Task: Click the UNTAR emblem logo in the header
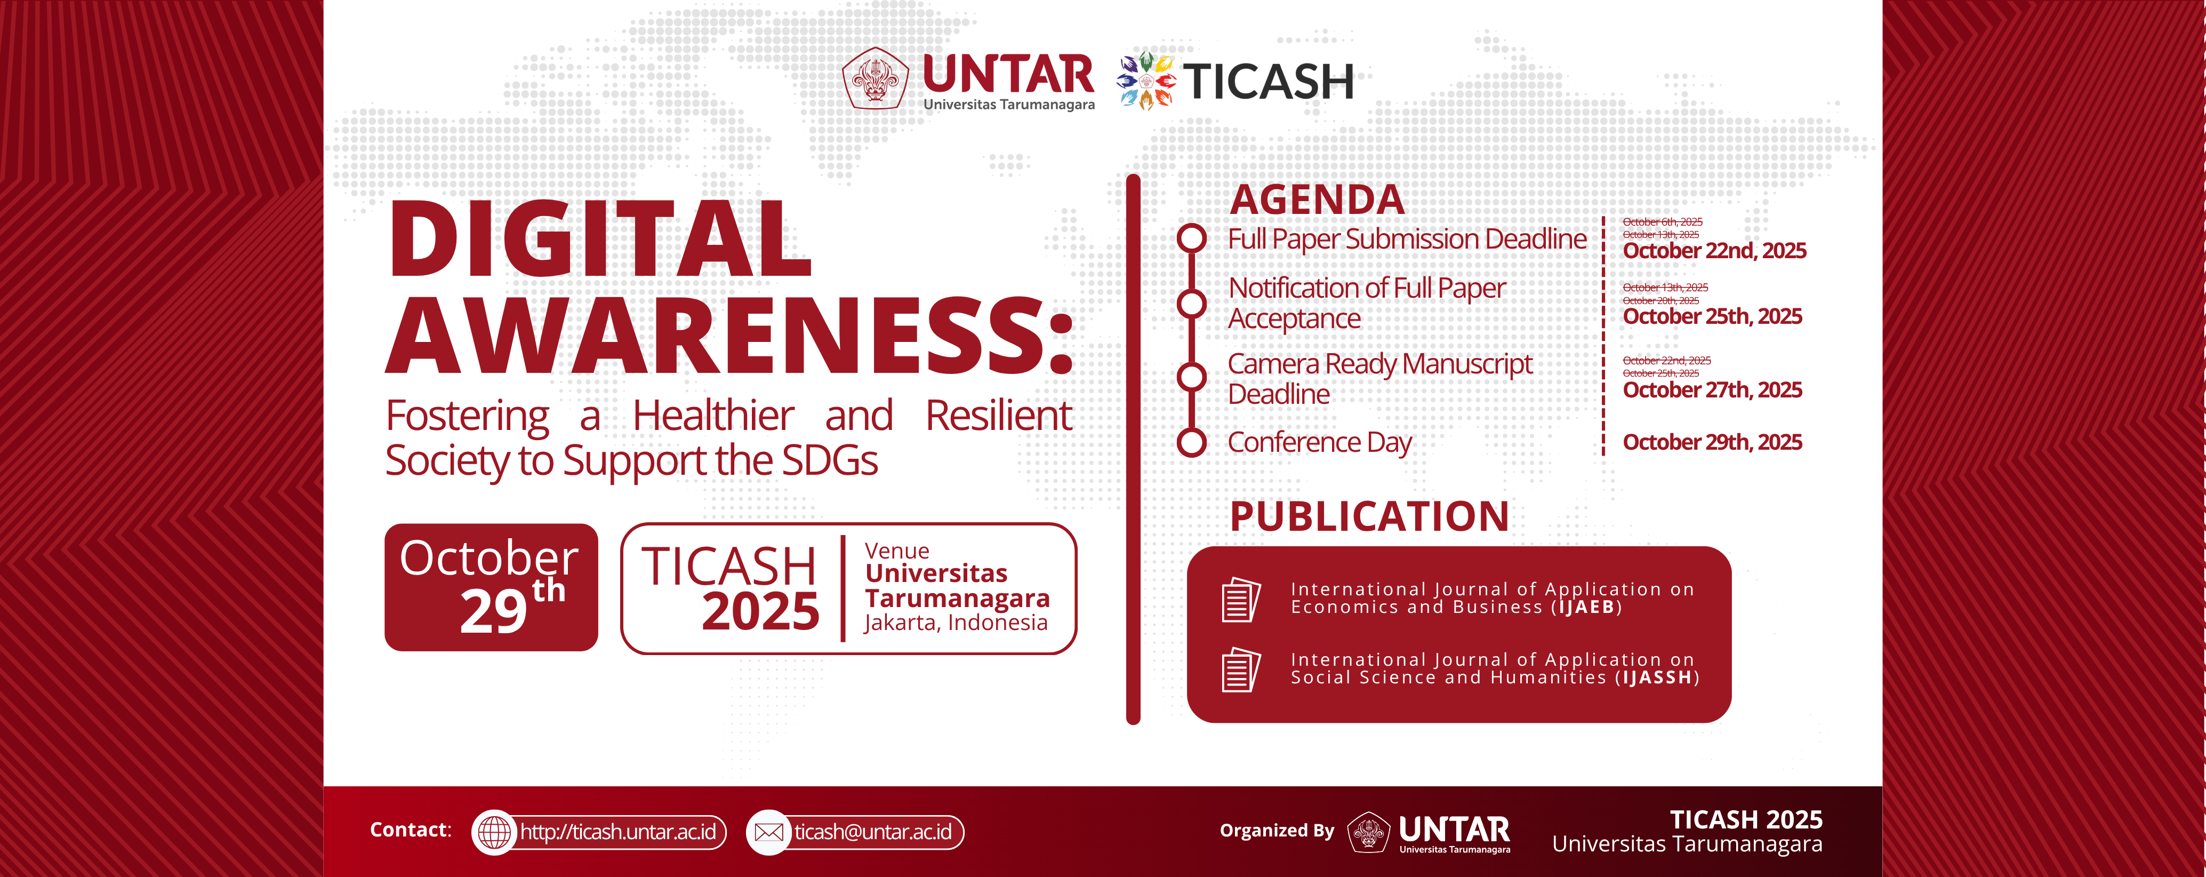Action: (875, 79)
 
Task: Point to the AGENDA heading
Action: (1317, 200)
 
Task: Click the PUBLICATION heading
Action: (1369, 516)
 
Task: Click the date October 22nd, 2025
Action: (1714, 251)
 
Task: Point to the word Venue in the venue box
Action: (896, 551)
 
